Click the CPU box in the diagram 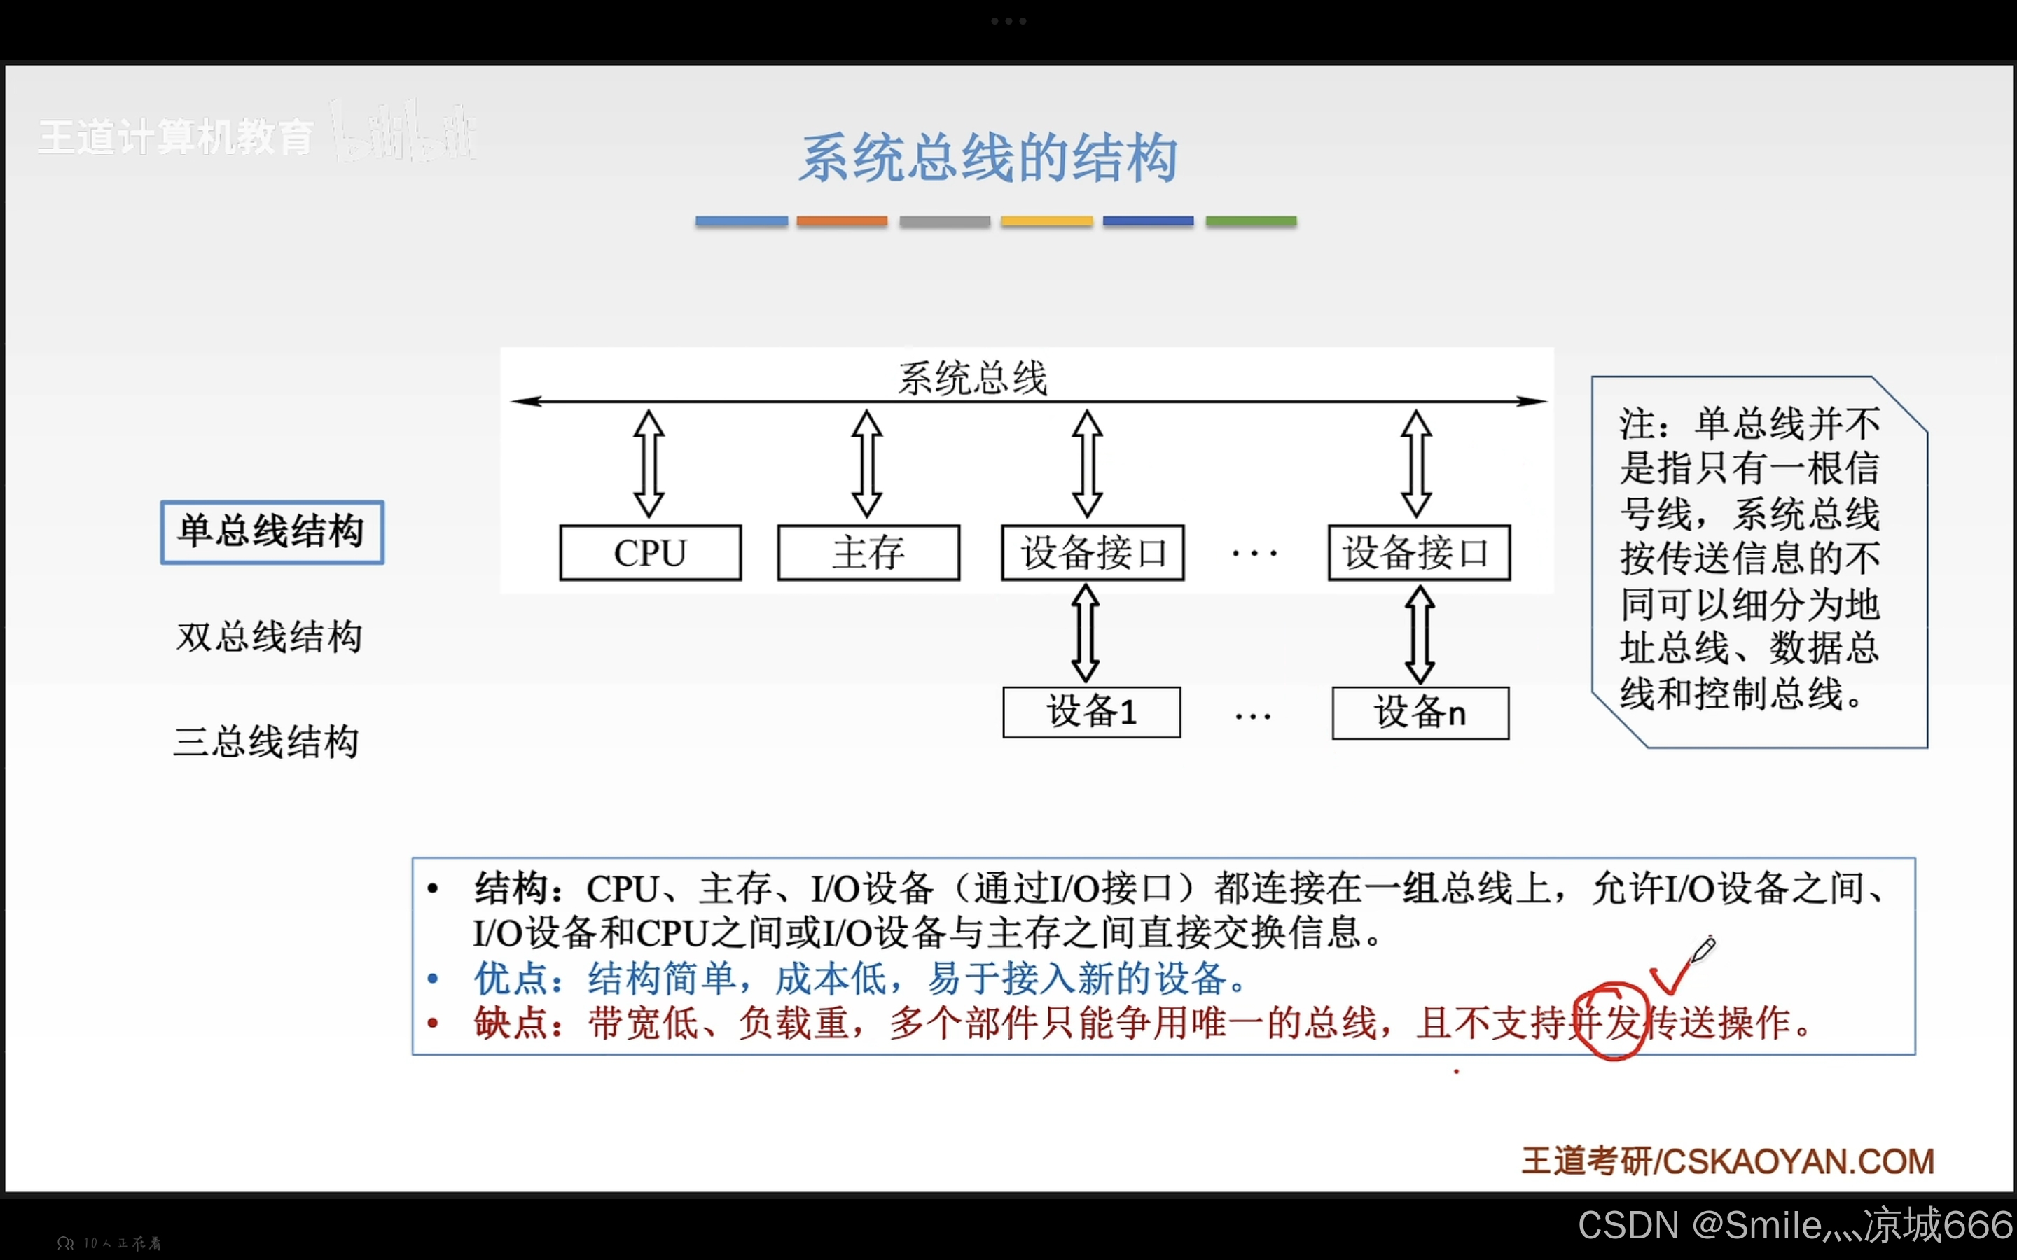point(650,552)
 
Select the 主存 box point(868,552)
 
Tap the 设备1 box point(1091,713)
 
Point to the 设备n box point(1420,713)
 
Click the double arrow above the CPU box point(649,464)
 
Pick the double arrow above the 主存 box point(867,464)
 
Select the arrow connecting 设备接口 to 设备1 point(1085,633)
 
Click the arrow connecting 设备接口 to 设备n point(1420,634)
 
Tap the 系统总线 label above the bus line point(972,378)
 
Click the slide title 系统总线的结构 point(988,157)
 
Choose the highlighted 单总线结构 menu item point(272,532)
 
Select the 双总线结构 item point(269,638)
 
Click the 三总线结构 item point(266,742)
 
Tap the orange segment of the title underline point(842,220)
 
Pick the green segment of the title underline point(1251,220)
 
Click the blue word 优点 point(510,979)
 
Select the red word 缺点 point(510,1023)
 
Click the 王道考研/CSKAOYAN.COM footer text point(1728,1161)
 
